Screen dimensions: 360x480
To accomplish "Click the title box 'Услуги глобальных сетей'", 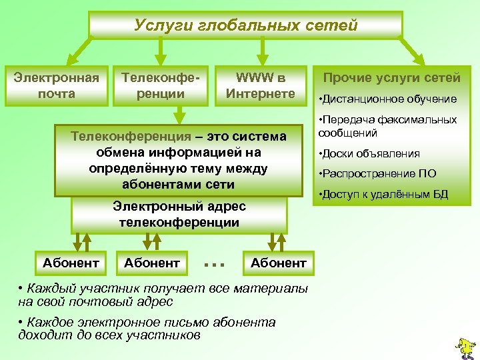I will tap(246, 25).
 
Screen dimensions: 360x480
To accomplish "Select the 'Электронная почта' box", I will tap(57, 85).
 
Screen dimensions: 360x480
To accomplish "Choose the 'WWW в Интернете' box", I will tap(261, 85).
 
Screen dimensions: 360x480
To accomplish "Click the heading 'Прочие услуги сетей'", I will tap(392, 78).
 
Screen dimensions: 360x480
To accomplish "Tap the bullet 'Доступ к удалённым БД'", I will tap(384, 195).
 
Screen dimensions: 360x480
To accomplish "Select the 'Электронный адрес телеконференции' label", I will tap(179, 214).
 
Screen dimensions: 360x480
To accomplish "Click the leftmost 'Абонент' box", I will tap(71, 263).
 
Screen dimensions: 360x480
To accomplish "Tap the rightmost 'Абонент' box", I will tap(279, 263).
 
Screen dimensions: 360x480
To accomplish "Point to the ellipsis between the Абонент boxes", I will tap(214, 265).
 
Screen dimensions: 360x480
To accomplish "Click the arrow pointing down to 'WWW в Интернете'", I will tap(263, 51).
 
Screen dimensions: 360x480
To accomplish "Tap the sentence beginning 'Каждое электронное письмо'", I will tap(147, 329).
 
